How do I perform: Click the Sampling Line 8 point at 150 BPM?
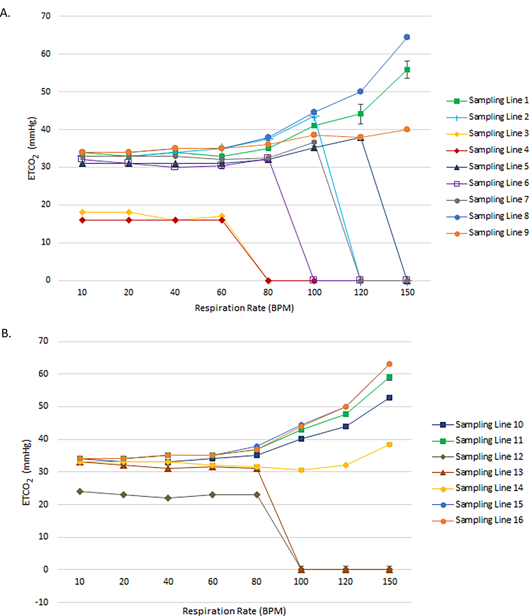(407, 37)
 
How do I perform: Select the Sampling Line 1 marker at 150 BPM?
(407, 70)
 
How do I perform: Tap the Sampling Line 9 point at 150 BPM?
(407, 129)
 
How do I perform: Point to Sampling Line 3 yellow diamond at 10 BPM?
(82, 212)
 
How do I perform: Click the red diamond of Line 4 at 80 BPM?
(268, 281)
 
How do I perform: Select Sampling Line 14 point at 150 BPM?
(389, 444)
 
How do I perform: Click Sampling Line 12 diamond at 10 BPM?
(80, 492)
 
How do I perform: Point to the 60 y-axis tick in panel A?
(46, 54)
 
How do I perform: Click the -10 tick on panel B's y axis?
(42, 602)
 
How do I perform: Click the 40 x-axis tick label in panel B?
(168, 582)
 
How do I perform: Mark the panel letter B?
(6, 333)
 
